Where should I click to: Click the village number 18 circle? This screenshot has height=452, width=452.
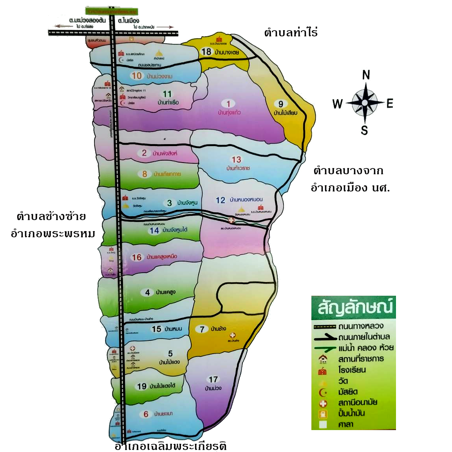coord(206,52)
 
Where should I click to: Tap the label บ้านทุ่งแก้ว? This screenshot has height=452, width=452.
coord(229,113)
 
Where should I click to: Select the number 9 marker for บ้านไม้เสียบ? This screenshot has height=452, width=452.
coord(280,104)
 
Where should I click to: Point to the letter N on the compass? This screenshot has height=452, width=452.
coord(366,74)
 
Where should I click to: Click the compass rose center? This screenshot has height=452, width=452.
coord(365,103)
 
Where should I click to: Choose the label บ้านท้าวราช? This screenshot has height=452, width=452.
coord(238,168)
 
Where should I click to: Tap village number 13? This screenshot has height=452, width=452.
coord(236,159)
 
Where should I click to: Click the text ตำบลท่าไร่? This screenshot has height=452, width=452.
coord(291,33)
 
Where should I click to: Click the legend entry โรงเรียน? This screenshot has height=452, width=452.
coord(352,370)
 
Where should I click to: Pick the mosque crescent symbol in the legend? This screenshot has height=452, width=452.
coord(323,392)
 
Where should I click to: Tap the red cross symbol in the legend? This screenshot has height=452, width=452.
coord(323,403)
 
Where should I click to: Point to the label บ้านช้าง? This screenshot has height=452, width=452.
coord(218,329)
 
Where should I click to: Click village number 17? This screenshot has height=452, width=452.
coord(213,379)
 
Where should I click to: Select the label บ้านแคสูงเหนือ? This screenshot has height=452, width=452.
coord(162,257)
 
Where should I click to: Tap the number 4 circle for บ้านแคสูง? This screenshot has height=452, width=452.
coord(147,292)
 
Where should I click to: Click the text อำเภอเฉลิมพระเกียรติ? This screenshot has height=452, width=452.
coord(170,446)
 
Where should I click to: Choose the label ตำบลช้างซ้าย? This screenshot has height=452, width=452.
coord(51,216)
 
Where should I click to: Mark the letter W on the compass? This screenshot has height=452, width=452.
coord(337,103)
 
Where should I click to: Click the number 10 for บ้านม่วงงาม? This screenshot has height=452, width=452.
coord(136,76)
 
